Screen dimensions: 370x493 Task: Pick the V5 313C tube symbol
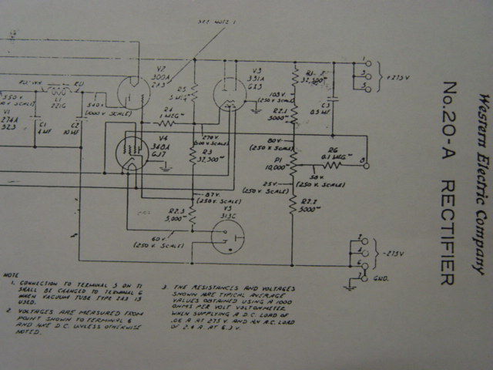227,234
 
